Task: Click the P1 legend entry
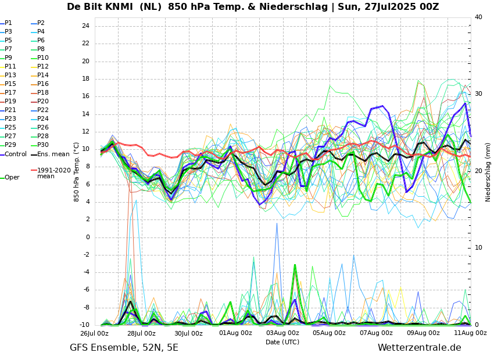click(x=8, y=23)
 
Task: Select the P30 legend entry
click(x=43, y=145)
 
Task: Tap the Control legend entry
click(x=16, y=154)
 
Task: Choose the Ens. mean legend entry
click(x=53, y=154)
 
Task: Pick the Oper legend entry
click(x=12, y=178)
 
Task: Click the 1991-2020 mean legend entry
click(x=53, y=173)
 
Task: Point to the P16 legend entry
click(x=43, y=84)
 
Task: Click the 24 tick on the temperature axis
click(x=85, y=26)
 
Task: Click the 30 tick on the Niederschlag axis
click(x=478, y=93)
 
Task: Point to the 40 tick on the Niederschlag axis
click(x=478, y=17)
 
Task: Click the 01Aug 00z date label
click(x=235, y=333)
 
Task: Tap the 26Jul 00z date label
click(x=95, y=333)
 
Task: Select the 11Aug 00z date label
click(x=470, y=333)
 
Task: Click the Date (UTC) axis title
click(x=282, y=342)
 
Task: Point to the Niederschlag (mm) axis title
click(x=488, y=172)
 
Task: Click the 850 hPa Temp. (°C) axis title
click(x=77, y=172)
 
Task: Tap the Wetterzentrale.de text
click(x=419, y=348)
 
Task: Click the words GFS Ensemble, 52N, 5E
click(x=124, y=348)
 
